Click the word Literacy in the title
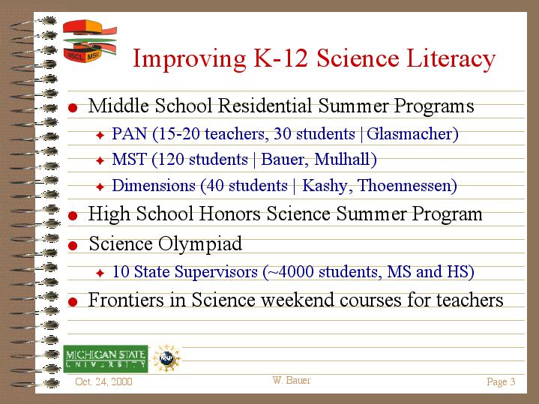coord(450,58)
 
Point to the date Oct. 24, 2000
coord(104,382)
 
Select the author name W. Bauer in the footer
coord(292,381)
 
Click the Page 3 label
coord(501,382)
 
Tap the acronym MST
coord(128,160)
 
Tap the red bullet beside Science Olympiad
coord(73,245)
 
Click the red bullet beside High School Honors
coord(73,215)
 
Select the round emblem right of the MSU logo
coord(166,358)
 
